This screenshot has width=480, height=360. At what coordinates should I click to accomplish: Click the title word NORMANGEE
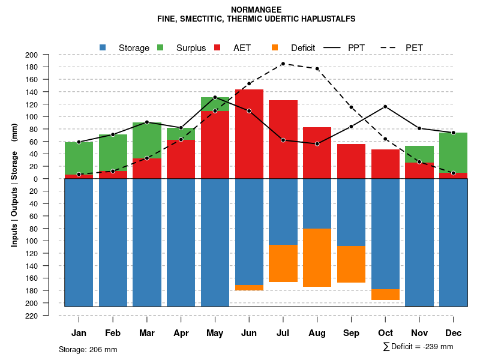256,10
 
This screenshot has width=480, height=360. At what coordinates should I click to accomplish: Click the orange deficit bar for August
317,257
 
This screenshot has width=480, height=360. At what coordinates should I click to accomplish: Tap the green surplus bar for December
454,153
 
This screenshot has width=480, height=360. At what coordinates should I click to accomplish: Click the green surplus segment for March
147,140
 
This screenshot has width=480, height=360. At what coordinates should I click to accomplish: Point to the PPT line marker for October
385,106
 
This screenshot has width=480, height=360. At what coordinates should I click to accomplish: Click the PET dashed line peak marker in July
283,64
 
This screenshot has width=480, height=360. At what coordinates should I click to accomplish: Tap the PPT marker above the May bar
215,97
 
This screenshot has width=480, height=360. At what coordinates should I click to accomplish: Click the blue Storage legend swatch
103,47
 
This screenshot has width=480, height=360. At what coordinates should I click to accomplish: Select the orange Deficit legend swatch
275,47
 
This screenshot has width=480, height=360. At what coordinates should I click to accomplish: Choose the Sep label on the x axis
352,333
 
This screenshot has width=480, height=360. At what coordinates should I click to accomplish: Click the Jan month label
79,333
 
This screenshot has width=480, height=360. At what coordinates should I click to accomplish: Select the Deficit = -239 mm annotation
418,347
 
